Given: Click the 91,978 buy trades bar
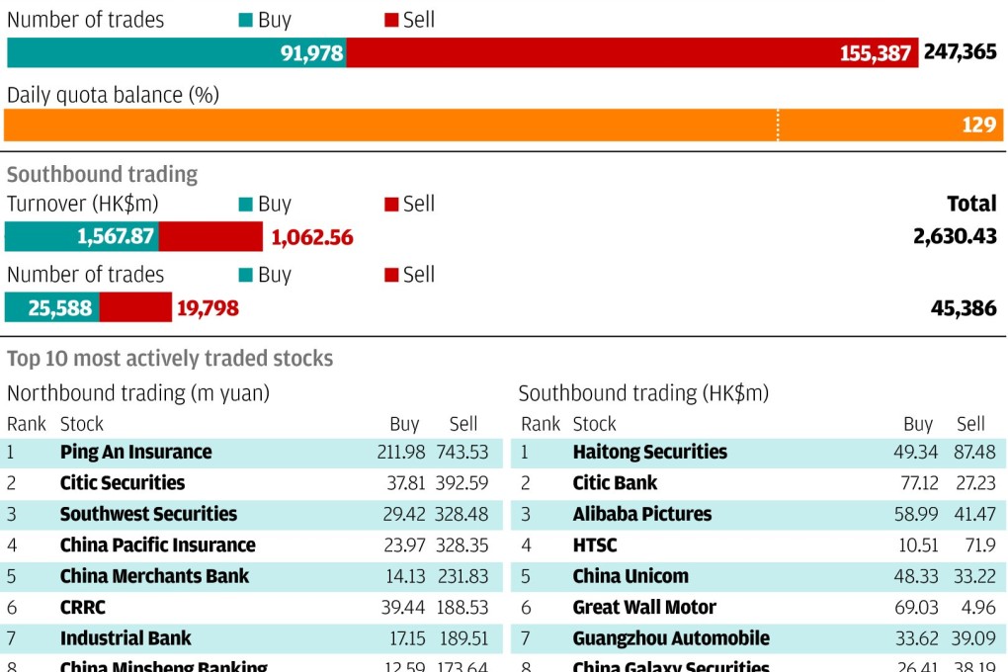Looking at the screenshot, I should point(176,52).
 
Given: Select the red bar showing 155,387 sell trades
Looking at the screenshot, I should point(632,52).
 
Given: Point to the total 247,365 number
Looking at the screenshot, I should point(960,51).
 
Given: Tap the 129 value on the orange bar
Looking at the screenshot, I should point(978,126).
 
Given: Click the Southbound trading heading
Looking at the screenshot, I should point(102,175).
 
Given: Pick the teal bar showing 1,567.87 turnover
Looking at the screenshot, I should point(82,237).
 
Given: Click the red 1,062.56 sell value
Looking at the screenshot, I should point(312,238).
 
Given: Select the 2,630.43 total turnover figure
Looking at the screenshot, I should point(956,237).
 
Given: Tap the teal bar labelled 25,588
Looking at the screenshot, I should point(51,308).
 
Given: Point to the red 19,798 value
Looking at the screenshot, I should point(208,308).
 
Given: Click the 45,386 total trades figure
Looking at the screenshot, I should point(964,308).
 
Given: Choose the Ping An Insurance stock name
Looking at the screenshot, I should point(135,453).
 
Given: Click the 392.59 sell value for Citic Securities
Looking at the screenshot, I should point(462,483).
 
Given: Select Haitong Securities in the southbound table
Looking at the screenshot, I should point(649,453).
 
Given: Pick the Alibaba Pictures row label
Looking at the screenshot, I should point(641,515).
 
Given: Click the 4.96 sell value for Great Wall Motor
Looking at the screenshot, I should point(977,608).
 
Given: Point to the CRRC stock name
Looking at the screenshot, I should point(82,608).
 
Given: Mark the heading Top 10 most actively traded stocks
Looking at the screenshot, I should point(170,359).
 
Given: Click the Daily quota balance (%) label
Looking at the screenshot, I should point(113,96).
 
